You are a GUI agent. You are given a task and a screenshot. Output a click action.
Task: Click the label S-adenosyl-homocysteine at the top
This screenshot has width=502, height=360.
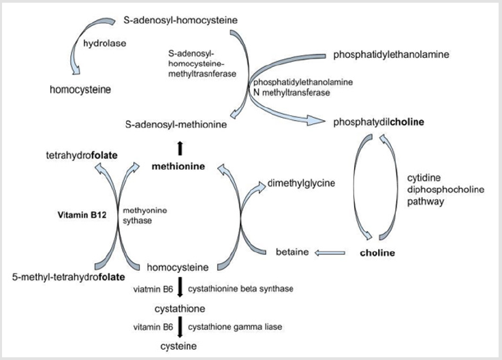181,20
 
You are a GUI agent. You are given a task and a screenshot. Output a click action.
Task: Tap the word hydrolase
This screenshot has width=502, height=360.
101,42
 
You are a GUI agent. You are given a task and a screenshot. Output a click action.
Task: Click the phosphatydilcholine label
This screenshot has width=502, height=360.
379,123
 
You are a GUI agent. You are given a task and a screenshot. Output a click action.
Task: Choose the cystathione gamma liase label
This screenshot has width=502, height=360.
235,327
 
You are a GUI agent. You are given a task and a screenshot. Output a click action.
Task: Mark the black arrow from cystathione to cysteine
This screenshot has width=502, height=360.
180,327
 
